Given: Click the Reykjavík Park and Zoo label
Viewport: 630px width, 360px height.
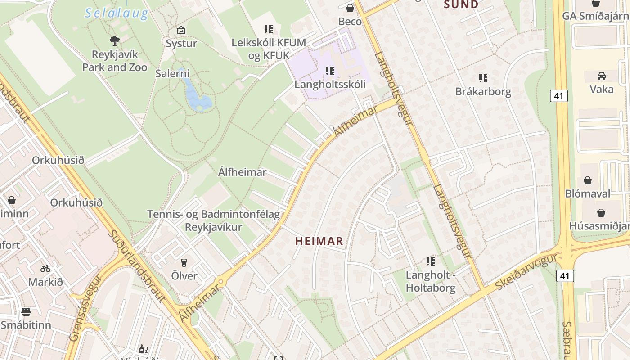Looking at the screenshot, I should pyautogui.click(x=115, y=61).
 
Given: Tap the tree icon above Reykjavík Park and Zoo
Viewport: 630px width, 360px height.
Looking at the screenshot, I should pyautogui.click(x=115, y=41).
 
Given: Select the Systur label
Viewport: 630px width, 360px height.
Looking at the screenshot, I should pyautogui.click(x=181, y=44).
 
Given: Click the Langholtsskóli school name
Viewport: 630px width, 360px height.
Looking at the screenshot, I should pyautogui.click(x=330, y=84).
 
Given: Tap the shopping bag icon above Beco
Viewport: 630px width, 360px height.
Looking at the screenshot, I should pyautogui.click(x=350, y=8).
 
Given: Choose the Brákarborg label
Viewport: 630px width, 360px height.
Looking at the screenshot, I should pyautogui.click(x=483, y=92).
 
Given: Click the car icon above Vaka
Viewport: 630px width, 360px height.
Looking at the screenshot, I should pyautogui.click(x=602, y=76).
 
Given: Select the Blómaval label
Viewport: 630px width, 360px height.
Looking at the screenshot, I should pyautogui.click(x=588, y=193).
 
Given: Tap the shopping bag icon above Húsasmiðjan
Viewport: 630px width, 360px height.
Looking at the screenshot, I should pyautogui.click(x=601, y=213).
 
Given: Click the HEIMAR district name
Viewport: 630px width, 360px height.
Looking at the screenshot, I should pyautogui.click(x=319, y=241).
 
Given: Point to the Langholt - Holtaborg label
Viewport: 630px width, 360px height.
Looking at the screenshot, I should pyautogui.click(x=431, y=281).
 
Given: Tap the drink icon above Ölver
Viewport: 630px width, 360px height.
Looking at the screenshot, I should pyautogui.click(x=184, y=263).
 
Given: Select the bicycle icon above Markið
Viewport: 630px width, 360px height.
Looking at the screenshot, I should pyautogui.click(x=45, y=269).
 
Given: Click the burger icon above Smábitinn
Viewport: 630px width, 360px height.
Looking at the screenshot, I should pyautogui.click(x=26, y=312).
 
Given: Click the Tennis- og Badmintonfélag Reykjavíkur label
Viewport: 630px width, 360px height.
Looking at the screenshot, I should pyautogui.click(x=214, y=220).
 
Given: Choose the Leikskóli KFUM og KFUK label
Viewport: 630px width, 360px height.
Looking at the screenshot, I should pyautogui.click(x=269, y=49).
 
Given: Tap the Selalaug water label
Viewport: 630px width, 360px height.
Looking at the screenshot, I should pyautogui.click(x=117, y=13).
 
